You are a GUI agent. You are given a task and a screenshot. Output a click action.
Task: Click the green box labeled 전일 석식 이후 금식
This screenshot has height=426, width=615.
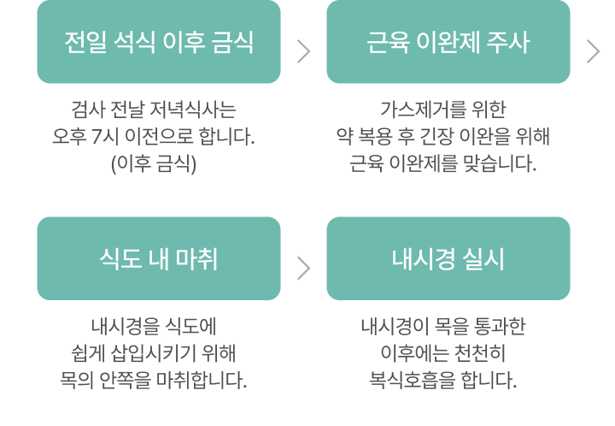[159, 42]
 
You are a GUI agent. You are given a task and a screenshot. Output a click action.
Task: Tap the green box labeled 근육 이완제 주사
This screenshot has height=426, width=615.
[448, 42]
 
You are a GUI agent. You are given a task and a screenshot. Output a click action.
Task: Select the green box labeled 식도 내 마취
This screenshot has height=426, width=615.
[159, 258]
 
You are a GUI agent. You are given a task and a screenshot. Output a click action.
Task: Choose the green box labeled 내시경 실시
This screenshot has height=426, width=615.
[448, 258]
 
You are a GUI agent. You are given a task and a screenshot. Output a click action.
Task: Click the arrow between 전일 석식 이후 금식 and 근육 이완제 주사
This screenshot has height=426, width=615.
[303, 51]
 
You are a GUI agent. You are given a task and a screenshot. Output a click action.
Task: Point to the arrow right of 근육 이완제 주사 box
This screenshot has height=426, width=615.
[593, 51]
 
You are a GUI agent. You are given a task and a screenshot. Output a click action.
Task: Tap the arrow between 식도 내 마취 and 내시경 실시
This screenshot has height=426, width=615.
[303, 269]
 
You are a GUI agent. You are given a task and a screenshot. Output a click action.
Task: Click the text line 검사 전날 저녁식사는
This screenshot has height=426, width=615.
[154, 109]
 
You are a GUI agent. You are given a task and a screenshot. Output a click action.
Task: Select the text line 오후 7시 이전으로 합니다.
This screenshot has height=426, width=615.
[154, 137]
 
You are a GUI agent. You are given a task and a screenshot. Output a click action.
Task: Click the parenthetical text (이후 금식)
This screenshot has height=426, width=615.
[154, 163]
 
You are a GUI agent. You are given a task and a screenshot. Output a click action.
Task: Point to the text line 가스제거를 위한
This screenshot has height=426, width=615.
[443, 109]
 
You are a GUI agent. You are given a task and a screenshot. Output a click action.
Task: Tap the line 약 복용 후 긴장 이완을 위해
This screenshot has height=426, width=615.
[443, 137]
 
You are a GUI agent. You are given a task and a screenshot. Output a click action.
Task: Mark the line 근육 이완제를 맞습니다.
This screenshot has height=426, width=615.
[443, 163]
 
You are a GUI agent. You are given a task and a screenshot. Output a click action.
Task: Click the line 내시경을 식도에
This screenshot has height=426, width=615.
[154, 326]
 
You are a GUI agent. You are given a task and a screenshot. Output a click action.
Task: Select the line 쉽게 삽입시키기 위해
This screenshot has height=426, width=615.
[154, 353]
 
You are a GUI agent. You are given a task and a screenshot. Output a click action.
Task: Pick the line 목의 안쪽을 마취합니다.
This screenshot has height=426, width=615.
[154, 380]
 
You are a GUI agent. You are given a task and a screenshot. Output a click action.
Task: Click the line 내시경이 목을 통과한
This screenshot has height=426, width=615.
[443, 326]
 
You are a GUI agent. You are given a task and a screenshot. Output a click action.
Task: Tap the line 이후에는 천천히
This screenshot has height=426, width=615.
[443, 353]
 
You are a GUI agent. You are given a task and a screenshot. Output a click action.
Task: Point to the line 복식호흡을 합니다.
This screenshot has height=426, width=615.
[443, 380]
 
